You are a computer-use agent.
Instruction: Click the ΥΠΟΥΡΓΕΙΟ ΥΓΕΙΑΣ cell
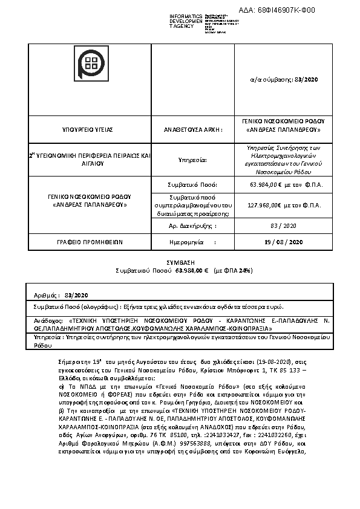point(88,130)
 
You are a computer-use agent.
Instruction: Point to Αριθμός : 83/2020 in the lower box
point(61,295)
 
